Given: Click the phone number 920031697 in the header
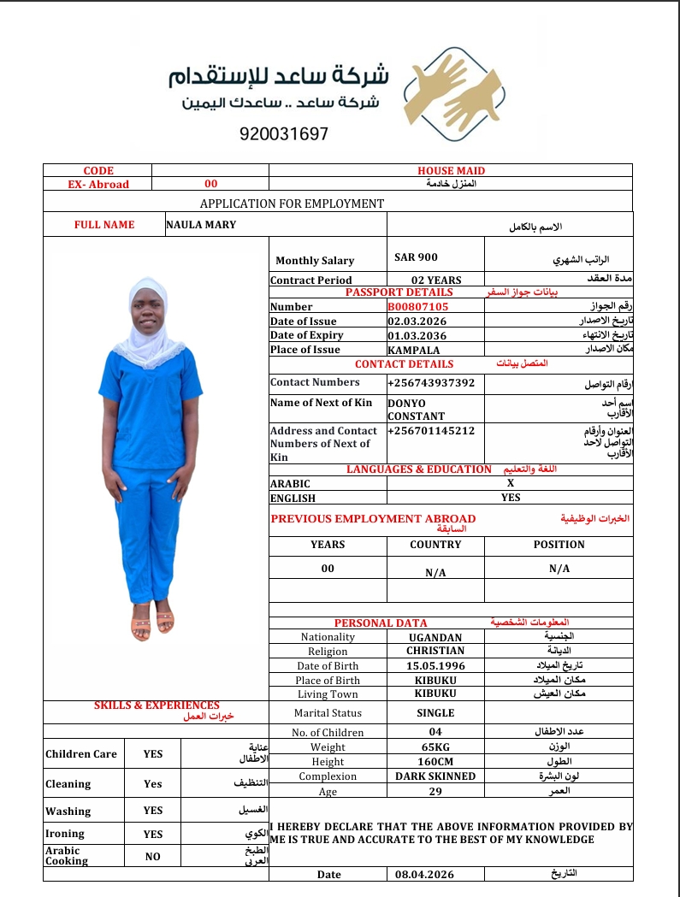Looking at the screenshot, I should tap(284, 134).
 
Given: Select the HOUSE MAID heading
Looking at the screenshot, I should tap(451, 171).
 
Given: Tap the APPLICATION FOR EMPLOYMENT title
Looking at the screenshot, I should tap(292, 204).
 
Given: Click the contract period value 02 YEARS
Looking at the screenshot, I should tap(436, 280).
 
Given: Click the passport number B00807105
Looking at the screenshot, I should tap(417, 306).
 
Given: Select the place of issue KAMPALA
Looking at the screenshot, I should tap(413, 350).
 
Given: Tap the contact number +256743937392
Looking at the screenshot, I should tap(431, 382).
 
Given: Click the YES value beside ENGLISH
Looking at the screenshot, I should tap(511, 497).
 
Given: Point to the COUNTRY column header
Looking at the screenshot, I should tap(435, 545).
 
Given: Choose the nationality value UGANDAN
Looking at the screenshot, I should tap(435, 637).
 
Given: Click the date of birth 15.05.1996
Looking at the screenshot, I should tap(435, 665).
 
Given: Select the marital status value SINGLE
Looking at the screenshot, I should tap(435, 712).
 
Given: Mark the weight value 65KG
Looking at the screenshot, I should tap(435, 747).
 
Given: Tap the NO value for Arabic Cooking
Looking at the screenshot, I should tap(152, 856).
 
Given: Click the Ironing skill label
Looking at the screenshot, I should tap(65, 834).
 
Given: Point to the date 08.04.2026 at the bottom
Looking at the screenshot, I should tap(424, 874).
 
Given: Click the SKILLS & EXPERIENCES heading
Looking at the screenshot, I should tap(157, 705).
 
